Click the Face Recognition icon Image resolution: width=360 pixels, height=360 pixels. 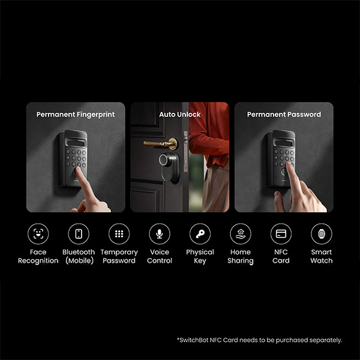[x=38, y=233]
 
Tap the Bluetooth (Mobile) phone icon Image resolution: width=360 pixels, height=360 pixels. [x=79, y=233]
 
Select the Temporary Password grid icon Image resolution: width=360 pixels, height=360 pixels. [x=119, y=233]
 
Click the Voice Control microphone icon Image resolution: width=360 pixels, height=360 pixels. [x=160, y=233]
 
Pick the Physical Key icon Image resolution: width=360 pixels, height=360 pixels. [x=200, y=233]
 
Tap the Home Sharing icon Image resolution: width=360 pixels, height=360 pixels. [x=241, y=233]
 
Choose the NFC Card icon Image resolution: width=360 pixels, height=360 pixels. [x=281, y=233]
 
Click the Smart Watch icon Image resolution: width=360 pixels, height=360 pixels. [x=321, y=233]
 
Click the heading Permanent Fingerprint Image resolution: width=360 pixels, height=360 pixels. [x=75, y=114]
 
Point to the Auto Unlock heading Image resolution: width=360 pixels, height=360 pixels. [x=180, y=114]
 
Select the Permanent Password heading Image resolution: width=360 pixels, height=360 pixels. [x=284, y=114]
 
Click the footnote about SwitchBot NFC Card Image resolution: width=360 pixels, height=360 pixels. [x=259, y=340]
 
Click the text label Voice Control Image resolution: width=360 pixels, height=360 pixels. [x=160, y=256]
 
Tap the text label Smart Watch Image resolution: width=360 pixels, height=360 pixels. [x=321, y=256]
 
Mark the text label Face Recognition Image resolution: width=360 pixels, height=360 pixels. [x=38, y=256]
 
